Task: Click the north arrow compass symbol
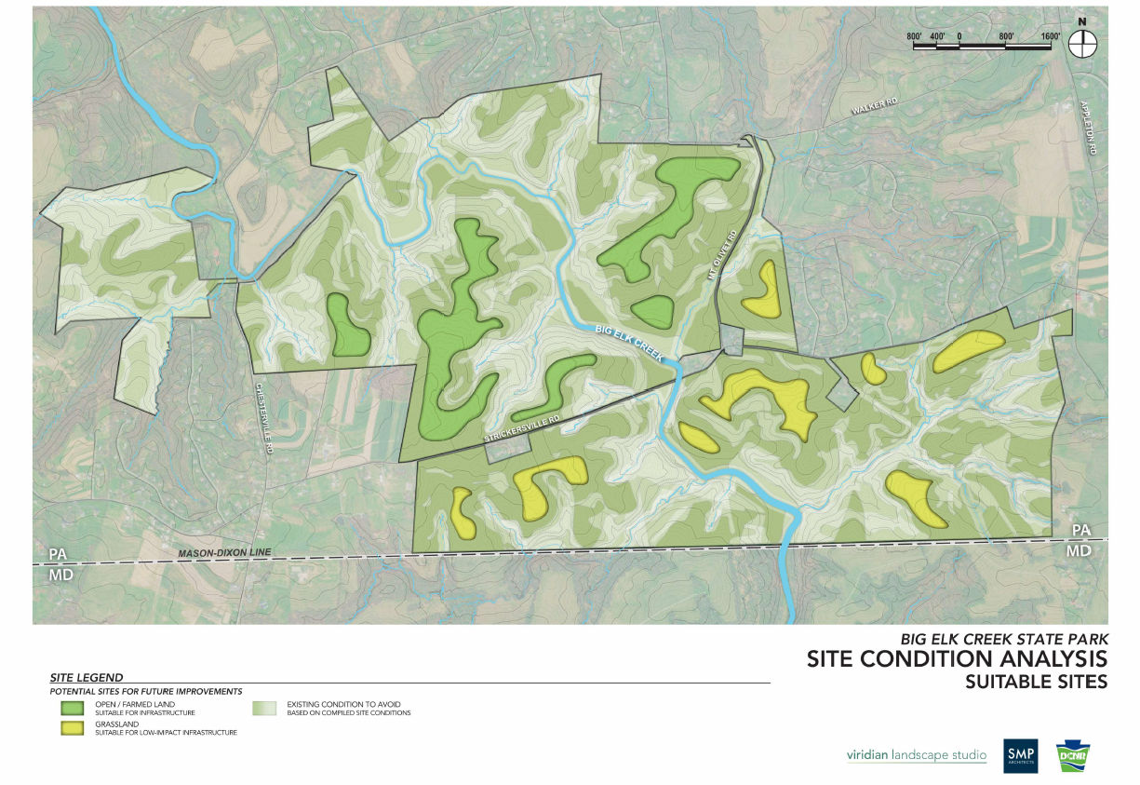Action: coord(1081,42)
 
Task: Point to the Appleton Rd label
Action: coord(1093,128)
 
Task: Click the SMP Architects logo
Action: coord(1021,754)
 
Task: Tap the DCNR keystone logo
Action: coord(1071,755)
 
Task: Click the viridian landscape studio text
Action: coord(916,754)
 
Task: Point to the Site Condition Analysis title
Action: coord(957,659)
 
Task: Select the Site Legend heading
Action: coord(86,677)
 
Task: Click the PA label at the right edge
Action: coord(1080,530)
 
